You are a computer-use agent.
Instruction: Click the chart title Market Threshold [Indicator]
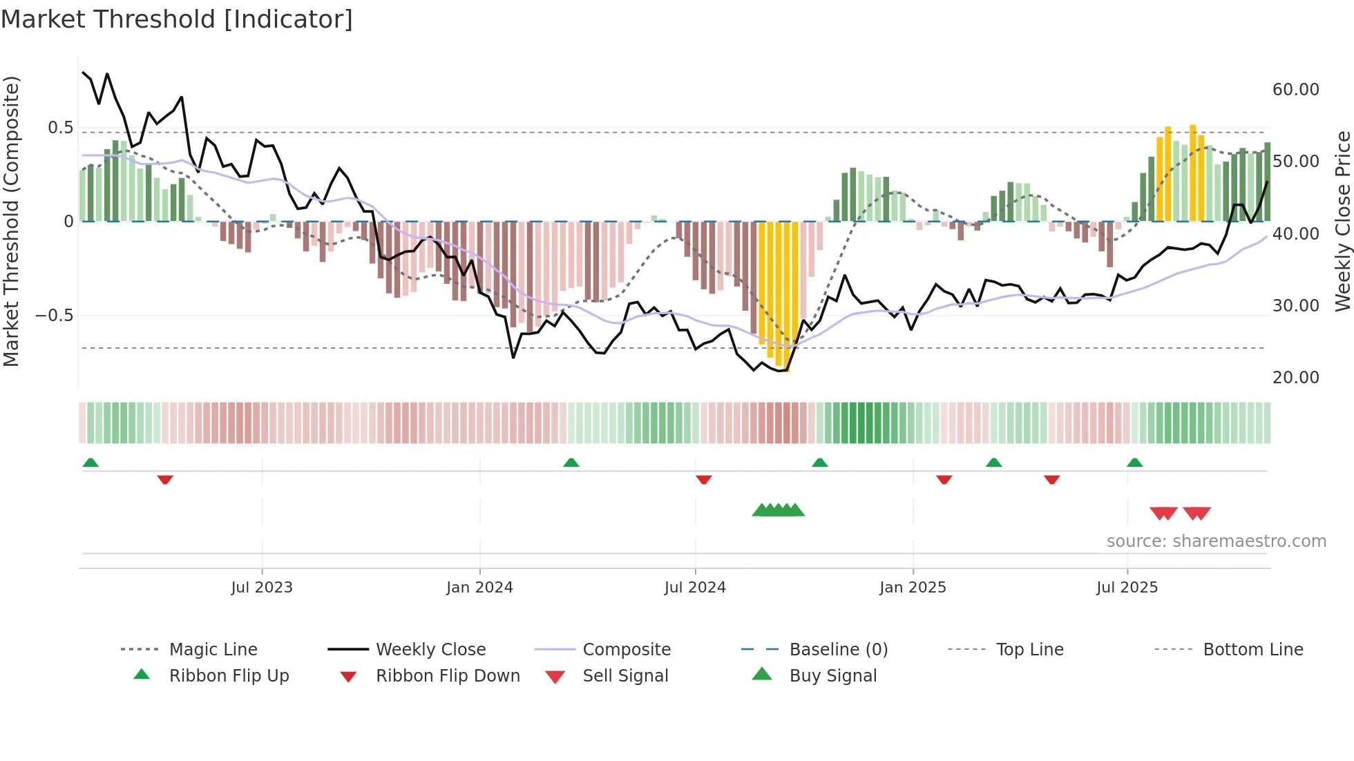[177, 19]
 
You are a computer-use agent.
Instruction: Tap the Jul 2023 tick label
[262, 588]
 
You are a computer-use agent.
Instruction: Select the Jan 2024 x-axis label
[479, 588]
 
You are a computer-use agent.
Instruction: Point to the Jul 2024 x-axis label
[695, 588]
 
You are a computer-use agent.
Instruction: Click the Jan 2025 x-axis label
[913, 588]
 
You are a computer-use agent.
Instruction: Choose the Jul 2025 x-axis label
[1127, 588]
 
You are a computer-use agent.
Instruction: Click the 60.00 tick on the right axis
[1295, 90]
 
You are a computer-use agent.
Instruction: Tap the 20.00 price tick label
[1295, 378]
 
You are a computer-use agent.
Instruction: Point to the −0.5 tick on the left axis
[54, 316]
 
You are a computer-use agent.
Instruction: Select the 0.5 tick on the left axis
[60, 128]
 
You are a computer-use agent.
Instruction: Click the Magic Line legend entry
[213, 650]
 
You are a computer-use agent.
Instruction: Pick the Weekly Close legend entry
[430, 650]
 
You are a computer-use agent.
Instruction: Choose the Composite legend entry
[627, 650]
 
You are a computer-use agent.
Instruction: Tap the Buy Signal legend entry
[832, 676]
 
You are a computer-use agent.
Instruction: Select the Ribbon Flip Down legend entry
[448, 676]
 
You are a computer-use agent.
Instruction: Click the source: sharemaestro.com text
[1216, 541]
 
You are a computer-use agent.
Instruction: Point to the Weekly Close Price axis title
[1342, 221]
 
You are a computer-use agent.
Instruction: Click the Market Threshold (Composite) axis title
[11, 221]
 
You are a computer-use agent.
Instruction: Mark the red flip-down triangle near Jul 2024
[704, 479]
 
